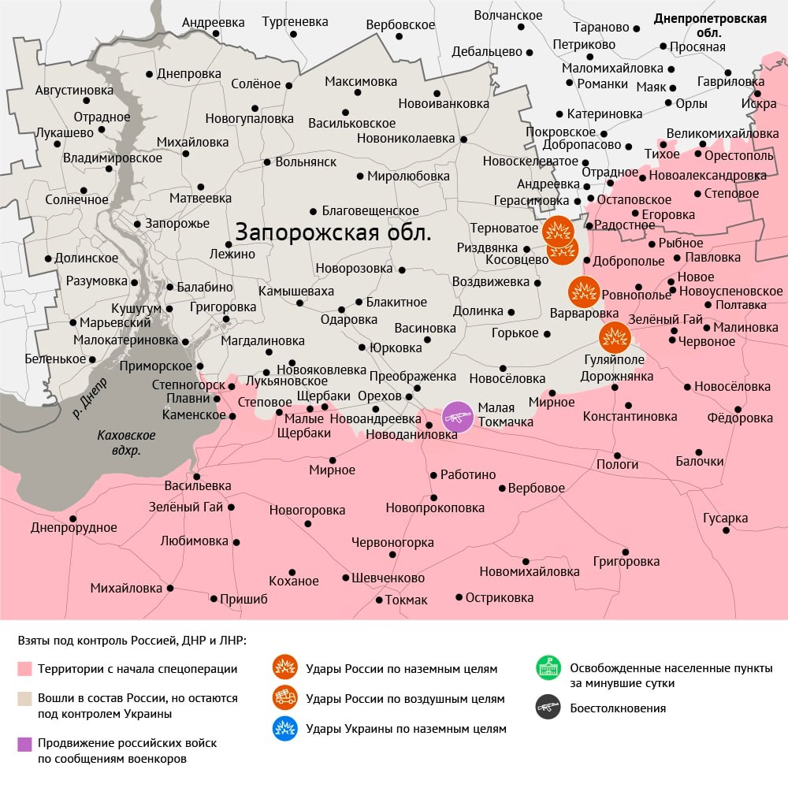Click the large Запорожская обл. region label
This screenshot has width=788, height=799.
pos(333,233)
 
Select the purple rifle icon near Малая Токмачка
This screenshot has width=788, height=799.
pos(458,417)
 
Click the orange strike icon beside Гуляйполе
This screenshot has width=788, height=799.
pos(615,337)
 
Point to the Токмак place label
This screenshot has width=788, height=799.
pos(407,600)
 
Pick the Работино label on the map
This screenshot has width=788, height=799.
pos(468,474)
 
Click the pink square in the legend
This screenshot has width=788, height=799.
pos(25,669)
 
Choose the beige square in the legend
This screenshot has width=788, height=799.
pos(25,698)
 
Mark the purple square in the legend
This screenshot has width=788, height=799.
pos(25,743)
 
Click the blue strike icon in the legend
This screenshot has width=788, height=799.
pos(284,729)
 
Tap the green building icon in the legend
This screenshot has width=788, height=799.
pos(548,669)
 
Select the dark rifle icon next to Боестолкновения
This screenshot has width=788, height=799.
pos(548,708)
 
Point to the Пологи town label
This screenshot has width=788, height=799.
pos(617,464)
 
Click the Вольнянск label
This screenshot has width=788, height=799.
pos(306,162)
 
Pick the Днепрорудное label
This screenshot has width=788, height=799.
pos(74,528)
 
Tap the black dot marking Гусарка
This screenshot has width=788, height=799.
pos(726,530)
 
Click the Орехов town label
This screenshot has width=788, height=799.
pos(380,396)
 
